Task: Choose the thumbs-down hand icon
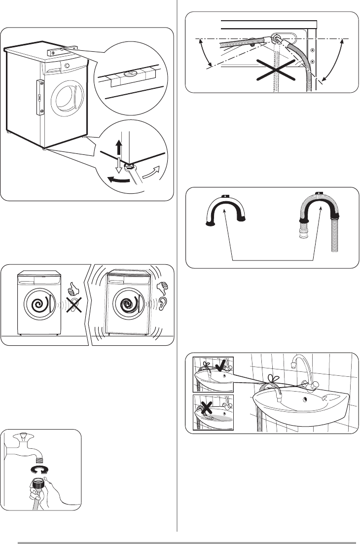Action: click(x=161, y=288)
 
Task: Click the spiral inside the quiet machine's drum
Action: click(x=39, y=304)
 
